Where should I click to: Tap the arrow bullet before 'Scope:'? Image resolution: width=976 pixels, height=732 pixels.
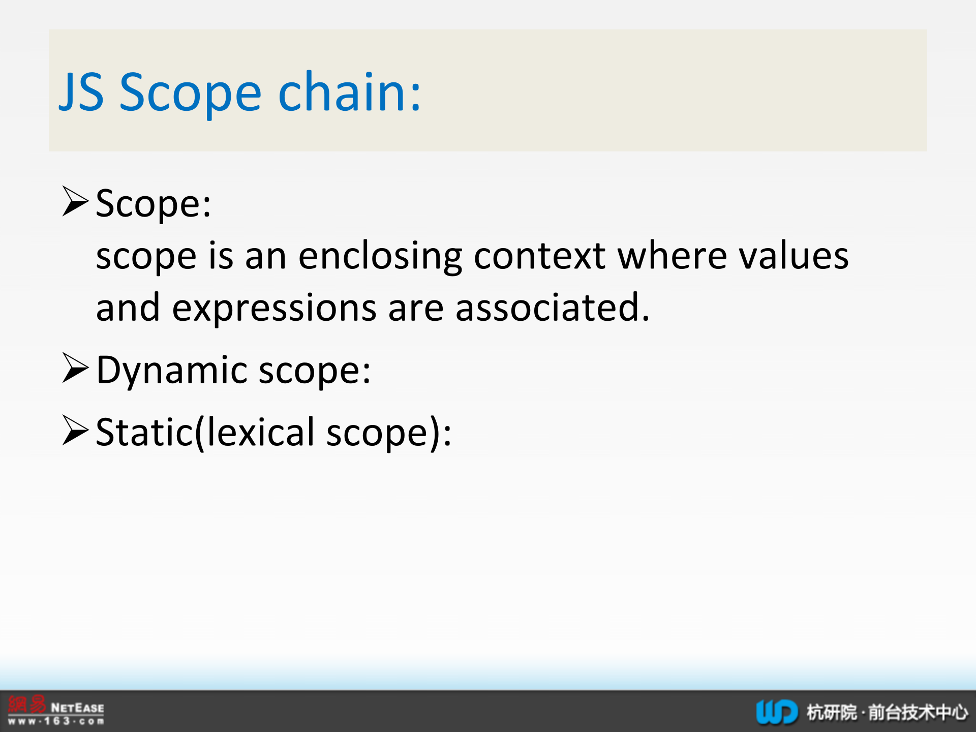[76, 201]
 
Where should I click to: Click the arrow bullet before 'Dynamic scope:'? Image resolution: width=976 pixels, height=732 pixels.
[76, 368]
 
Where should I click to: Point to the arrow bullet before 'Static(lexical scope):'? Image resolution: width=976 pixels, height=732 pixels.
[76, 430]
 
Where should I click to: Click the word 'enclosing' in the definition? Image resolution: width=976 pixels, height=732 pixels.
[380, 257]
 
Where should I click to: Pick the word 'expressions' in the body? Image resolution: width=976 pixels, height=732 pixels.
[274, 309]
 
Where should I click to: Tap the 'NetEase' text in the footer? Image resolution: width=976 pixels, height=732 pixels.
[78, 708]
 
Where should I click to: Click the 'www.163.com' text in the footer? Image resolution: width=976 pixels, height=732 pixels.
[56, 721]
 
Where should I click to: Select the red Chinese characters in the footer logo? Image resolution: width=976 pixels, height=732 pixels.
[27, 705]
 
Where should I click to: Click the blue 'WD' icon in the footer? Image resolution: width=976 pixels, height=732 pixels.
[777, 712]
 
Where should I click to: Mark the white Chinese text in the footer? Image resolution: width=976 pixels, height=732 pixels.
[888, 712]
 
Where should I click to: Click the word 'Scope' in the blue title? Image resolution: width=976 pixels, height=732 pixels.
[191, 93]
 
